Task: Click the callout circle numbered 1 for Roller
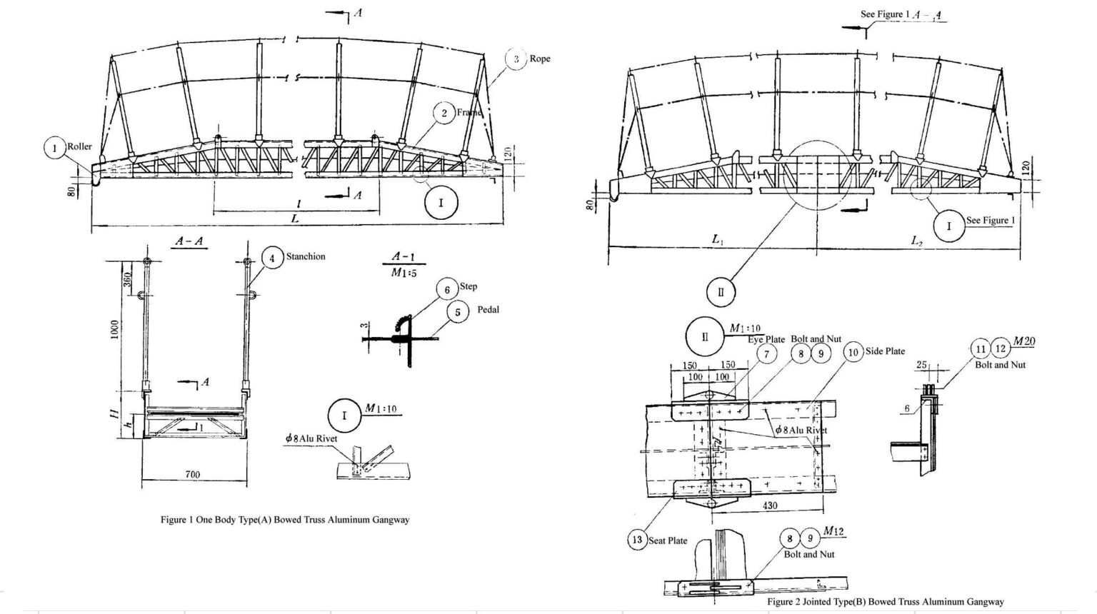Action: (54, 149)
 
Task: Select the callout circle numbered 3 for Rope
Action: (516, 59)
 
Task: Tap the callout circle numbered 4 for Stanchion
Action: (271, 257)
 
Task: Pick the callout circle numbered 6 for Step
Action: (447, 290)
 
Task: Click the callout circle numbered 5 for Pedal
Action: (458, 311)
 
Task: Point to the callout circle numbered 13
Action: (637, 540)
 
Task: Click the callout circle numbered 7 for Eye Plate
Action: (766, 353)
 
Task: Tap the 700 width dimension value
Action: (192, 474)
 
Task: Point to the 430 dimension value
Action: (770, 505)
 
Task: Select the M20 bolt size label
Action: (1023, 342)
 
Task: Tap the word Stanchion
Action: (306, 256)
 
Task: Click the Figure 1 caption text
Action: (285, 520)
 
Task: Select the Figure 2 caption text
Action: (886, 602)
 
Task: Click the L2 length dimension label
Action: (917, 241)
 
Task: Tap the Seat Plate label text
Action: (668, 540)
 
